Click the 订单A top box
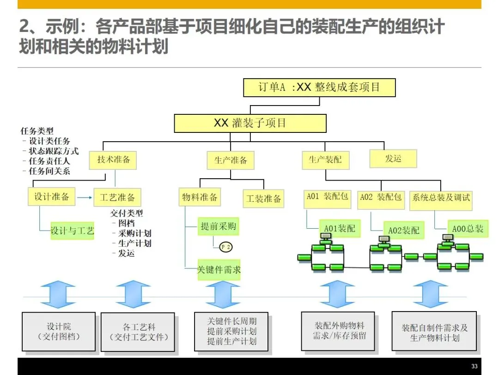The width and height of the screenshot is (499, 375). pyautogui.click(x=319, y=87)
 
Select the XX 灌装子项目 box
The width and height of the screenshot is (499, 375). pyautogui.click(x=250, y=123)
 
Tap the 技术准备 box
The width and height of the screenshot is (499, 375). pyautogui.click(x=114, y=160)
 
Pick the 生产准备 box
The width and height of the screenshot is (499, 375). pyautogui.click(x=231, y=160)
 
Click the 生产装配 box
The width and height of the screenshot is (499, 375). pyautogui.click(x=325, y=160)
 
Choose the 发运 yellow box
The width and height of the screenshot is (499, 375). pyautogui.click(x=393, y=159)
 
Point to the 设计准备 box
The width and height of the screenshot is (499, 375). pyautogui.click(x=52, y=197)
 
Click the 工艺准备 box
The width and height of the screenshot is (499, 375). pyautogui.click(x=117, y=198)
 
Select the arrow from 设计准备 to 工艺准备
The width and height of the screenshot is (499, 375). pyautogui.click(x=85, y=198)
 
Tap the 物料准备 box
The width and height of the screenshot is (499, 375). pyautogui.click(x=200, y=198)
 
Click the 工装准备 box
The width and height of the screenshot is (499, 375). pyautogui.click(x=263, y=199)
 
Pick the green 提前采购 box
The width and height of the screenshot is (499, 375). pyautogui.click(x=218, y=226)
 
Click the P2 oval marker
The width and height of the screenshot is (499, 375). pyautogui.click(x=225, y=247)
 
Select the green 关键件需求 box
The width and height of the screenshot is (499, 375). pyautogui.click(x=219, y=269)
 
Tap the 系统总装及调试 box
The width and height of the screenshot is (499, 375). pyautogui.click(x=441, y=198)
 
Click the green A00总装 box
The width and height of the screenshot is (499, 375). pyautogui.click(x=468, y=229)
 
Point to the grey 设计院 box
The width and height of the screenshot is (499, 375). pyautogui.click(x=59, y=331)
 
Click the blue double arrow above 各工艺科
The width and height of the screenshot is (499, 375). pyautogui.click(x=134, y=294)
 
